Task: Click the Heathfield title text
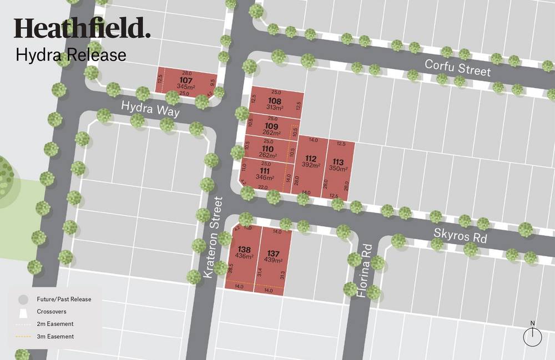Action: tap(82, 28)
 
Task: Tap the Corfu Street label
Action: tap(458, 68)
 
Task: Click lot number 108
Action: tap(274, 100)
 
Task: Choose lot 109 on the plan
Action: tap(271, 125)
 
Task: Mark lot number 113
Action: tap(338, 162)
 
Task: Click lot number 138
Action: tap(244, 249)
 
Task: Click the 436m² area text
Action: tap(245, 256)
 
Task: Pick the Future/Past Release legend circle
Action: tap(23, 299)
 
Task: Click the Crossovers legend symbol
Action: tap(23, 312)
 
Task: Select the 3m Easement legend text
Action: tap(56, 336)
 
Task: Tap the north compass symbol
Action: tap(533, 336)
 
